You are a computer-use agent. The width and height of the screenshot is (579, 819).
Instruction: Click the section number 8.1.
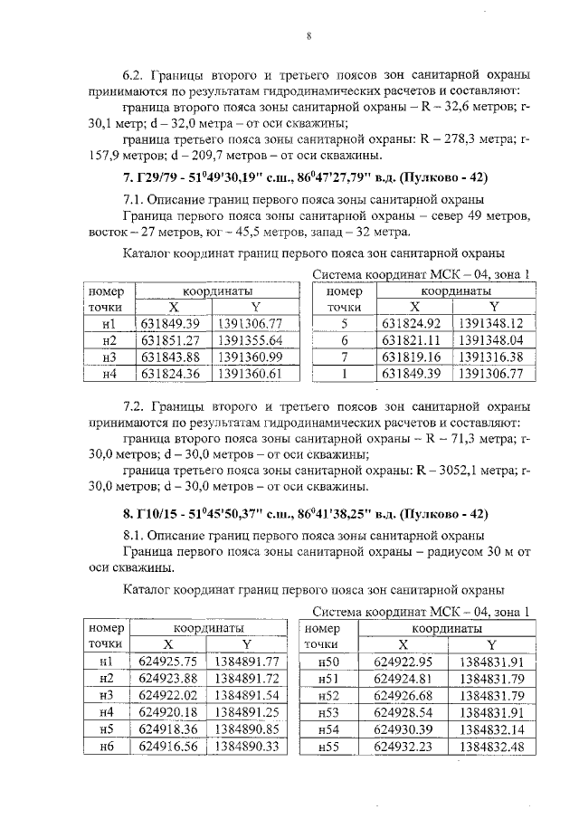tap(133, 535)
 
